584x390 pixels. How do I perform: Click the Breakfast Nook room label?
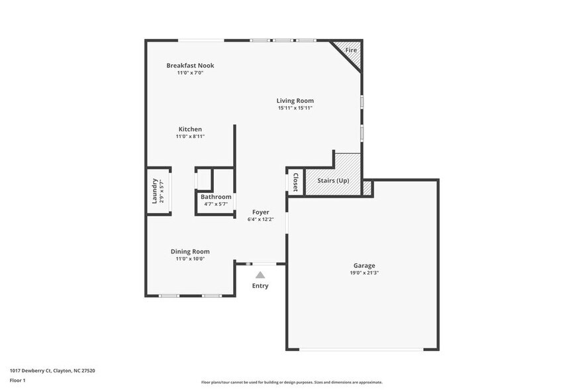(x=190, y=66)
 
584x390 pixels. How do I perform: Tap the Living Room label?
(x=295, y=101)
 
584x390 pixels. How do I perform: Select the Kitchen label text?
(x=190, y=129)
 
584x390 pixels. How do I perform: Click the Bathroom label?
(x=216, y=197)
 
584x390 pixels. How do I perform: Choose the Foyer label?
(x=260, y=212)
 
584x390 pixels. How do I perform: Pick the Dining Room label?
(x=190, y=251)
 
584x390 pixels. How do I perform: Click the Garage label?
(x=364, y=265)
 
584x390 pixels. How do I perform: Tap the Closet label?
(x=295, y=182)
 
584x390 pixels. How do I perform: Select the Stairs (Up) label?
(x=333, y=181)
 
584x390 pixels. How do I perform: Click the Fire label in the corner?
(x=351, y=50)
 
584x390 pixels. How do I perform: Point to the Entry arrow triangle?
(x=260, y=275)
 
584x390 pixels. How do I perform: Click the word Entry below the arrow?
(x=260, y=286)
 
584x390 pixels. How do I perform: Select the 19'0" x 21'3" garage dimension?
(x=364, y=273)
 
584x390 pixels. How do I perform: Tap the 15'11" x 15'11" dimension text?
(x=295, y=108)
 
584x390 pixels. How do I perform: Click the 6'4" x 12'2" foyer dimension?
(x=260, y=220)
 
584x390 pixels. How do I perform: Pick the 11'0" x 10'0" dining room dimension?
(x=190, y=259)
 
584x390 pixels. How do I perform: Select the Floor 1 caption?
(x=17, y=380)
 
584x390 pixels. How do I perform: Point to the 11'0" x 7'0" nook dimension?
(x=190, y=73)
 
